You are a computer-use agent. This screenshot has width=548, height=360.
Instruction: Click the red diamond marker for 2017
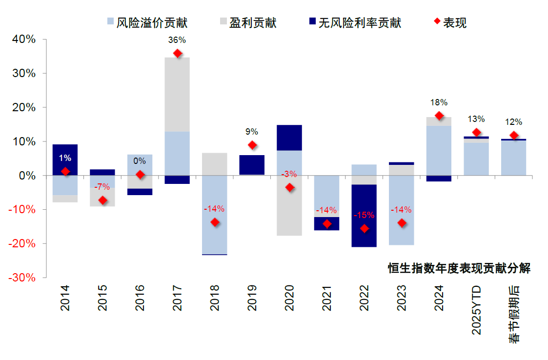(177, 53)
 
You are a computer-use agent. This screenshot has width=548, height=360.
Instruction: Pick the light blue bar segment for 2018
(215, 215)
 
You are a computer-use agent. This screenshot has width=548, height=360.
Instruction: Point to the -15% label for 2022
(364, 215)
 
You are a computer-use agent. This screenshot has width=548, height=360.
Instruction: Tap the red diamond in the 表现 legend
(436, 22)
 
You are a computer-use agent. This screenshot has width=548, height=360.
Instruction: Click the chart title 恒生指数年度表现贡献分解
(459, 268)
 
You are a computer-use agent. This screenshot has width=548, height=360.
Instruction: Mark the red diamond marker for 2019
(252, 145)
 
